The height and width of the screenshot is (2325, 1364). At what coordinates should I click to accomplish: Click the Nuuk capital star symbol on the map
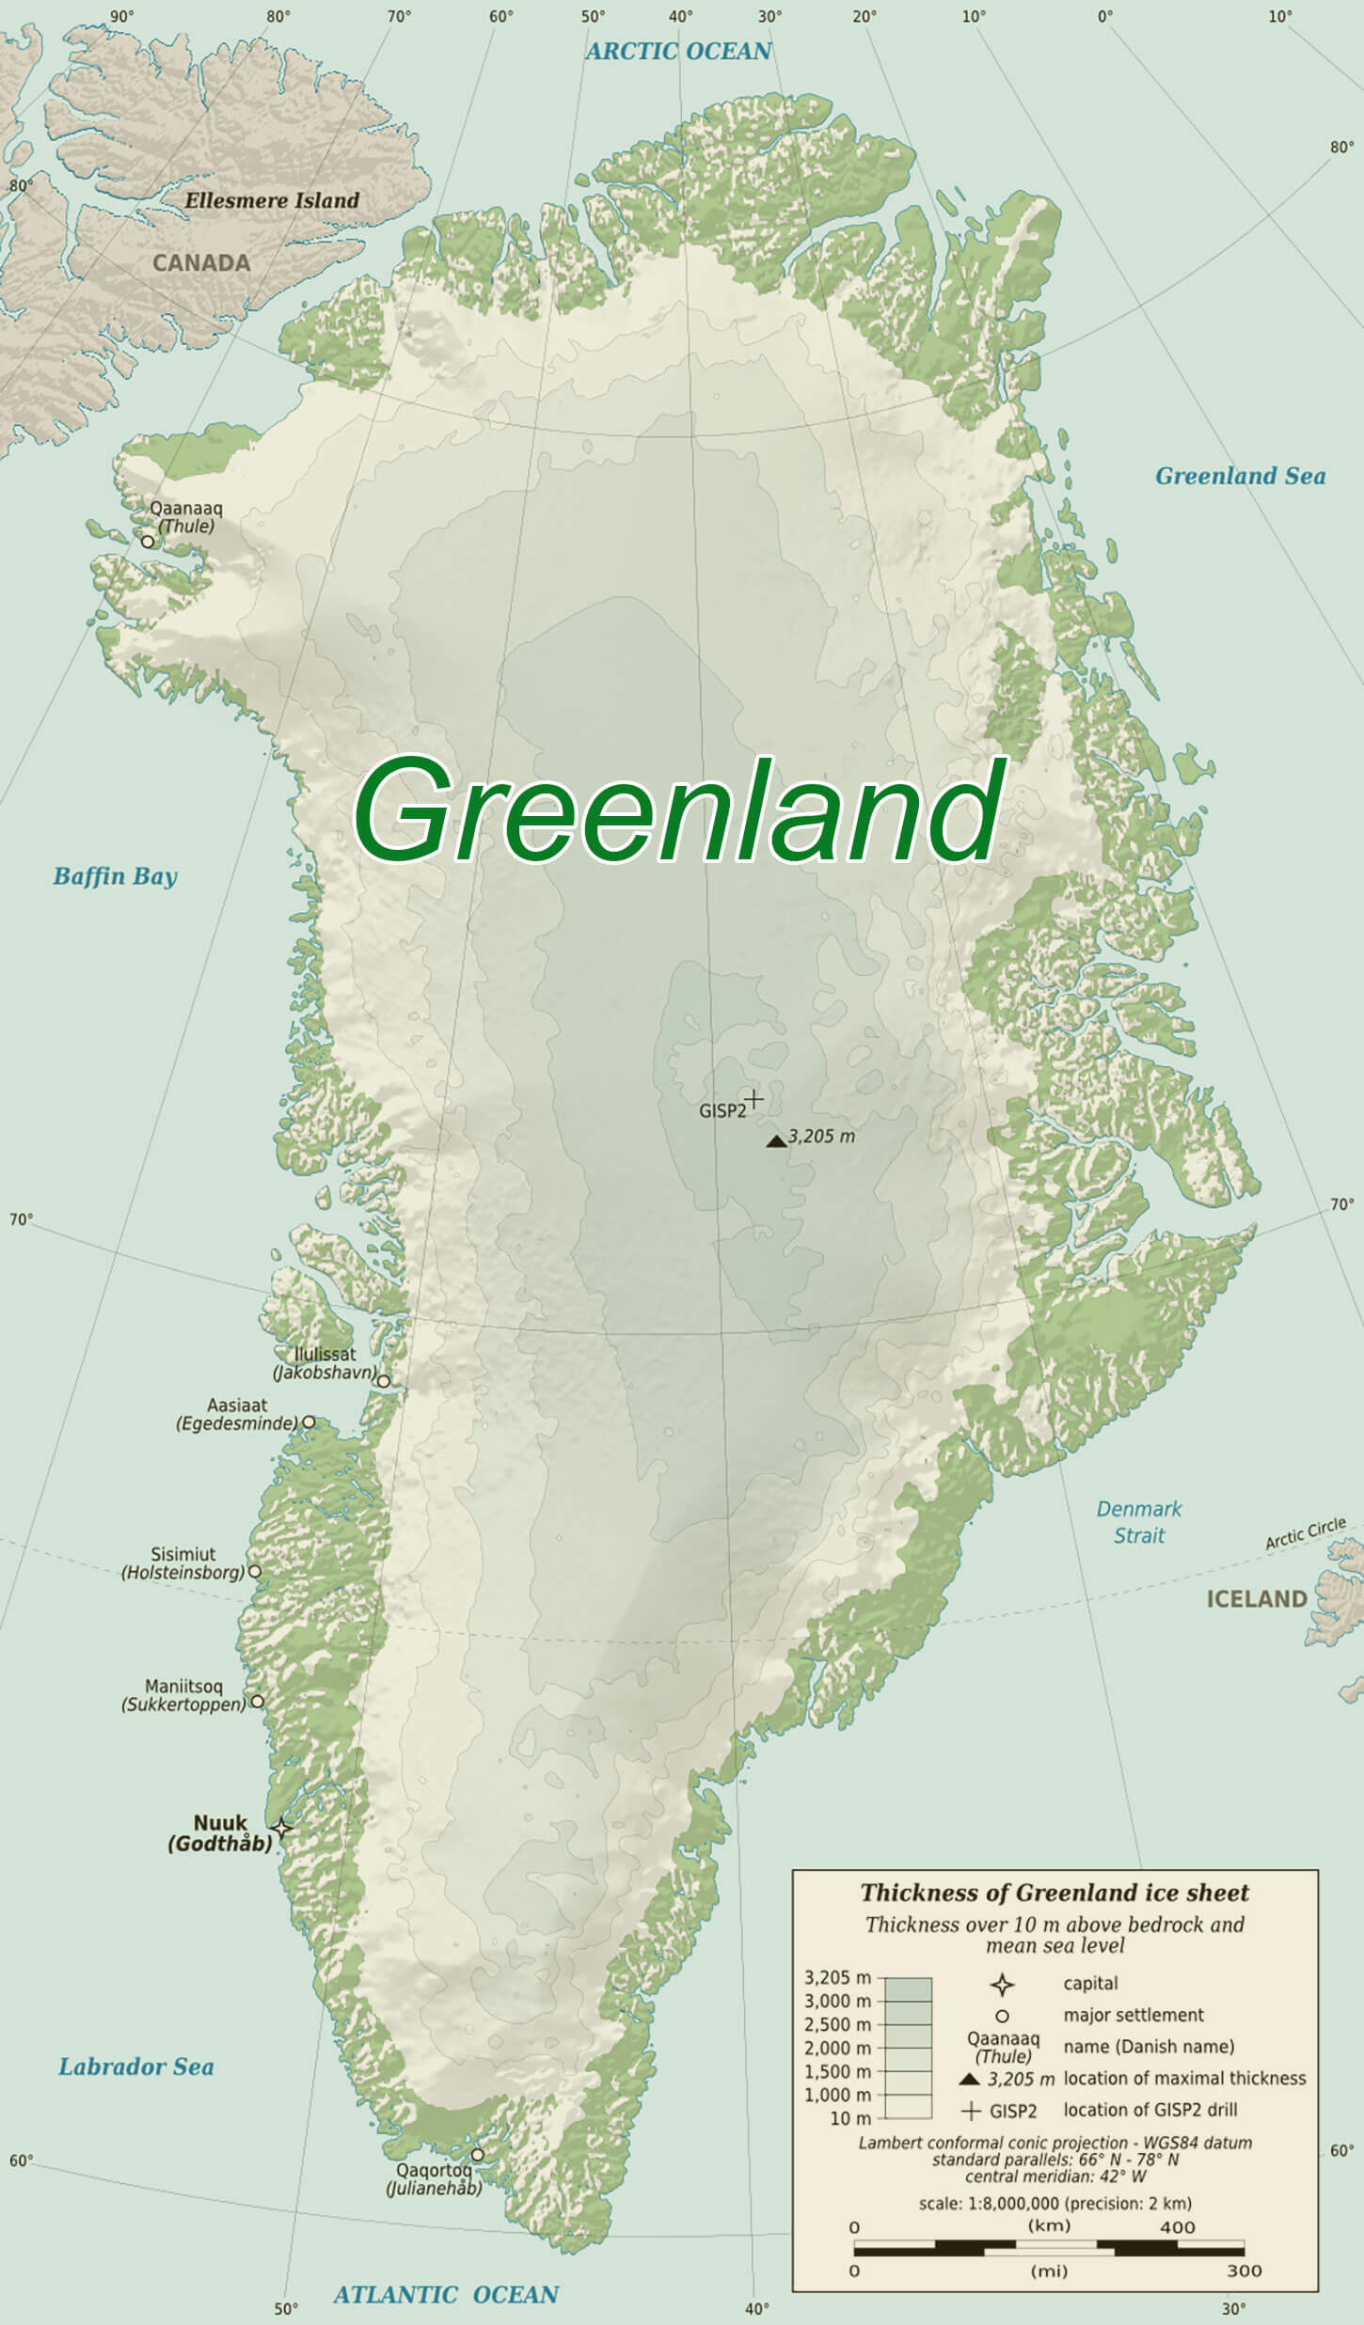pyautogui.click(x=281, y=1829)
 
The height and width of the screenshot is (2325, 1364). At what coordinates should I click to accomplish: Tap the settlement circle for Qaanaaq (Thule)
pyautogui.click(x=148, y=542)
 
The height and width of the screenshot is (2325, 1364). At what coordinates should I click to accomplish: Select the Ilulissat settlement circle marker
pyautogui.click(x=384, y=1381)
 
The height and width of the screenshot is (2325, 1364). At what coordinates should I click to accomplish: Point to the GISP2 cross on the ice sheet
pyautogui.click(x=753, y=1098)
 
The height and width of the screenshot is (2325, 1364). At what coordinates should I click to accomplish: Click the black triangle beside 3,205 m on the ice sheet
pyautogui.click(x=776, y=1140)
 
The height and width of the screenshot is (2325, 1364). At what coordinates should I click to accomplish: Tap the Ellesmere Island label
pyautogui.click(x=272, y=200)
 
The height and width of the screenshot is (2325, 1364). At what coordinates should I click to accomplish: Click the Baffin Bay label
pyautogui.click(x=115, y=875)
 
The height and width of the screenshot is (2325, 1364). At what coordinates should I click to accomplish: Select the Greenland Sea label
pyautogui.click(x=1240, y=476)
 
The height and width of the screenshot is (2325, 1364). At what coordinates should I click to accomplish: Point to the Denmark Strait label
pyautogui.click(x=1138, y=1521)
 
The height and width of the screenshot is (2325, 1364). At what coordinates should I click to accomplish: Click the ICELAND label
pyautogui.click(x=1256, y=1598)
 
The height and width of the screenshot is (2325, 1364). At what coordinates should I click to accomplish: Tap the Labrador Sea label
pyautogui.click(x=135, y=2066)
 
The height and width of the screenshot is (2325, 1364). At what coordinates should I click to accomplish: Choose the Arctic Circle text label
pyautogui.click(x=1305, y=1533)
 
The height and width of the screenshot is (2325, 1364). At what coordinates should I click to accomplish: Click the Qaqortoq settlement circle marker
pyautogui.click(x=477, y=2154)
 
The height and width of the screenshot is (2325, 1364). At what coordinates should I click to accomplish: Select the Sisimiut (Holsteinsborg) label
pyautogui.click(x=183, y=1563)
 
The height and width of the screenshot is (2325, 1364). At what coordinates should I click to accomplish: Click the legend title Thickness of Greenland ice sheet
pyautogui.click(x=1055, y=1892)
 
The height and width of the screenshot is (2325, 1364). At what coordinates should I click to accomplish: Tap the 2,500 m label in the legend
pyautogui.click(x=837, y=2023)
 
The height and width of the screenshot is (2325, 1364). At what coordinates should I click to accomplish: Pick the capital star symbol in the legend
pyautogui.click(x=1002, y=1985)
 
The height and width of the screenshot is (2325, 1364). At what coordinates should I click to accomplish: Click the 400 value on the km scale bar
pyautogui.click(x=1177, y=2226)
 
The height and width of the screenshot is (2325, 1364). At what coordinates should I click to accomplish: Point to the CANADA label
pyautogui.click(x=201, y=263)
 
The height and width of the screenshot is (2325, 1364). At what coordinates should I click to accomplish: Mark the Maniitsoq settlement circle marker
pyautogui.click(x=257, y=1702)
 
